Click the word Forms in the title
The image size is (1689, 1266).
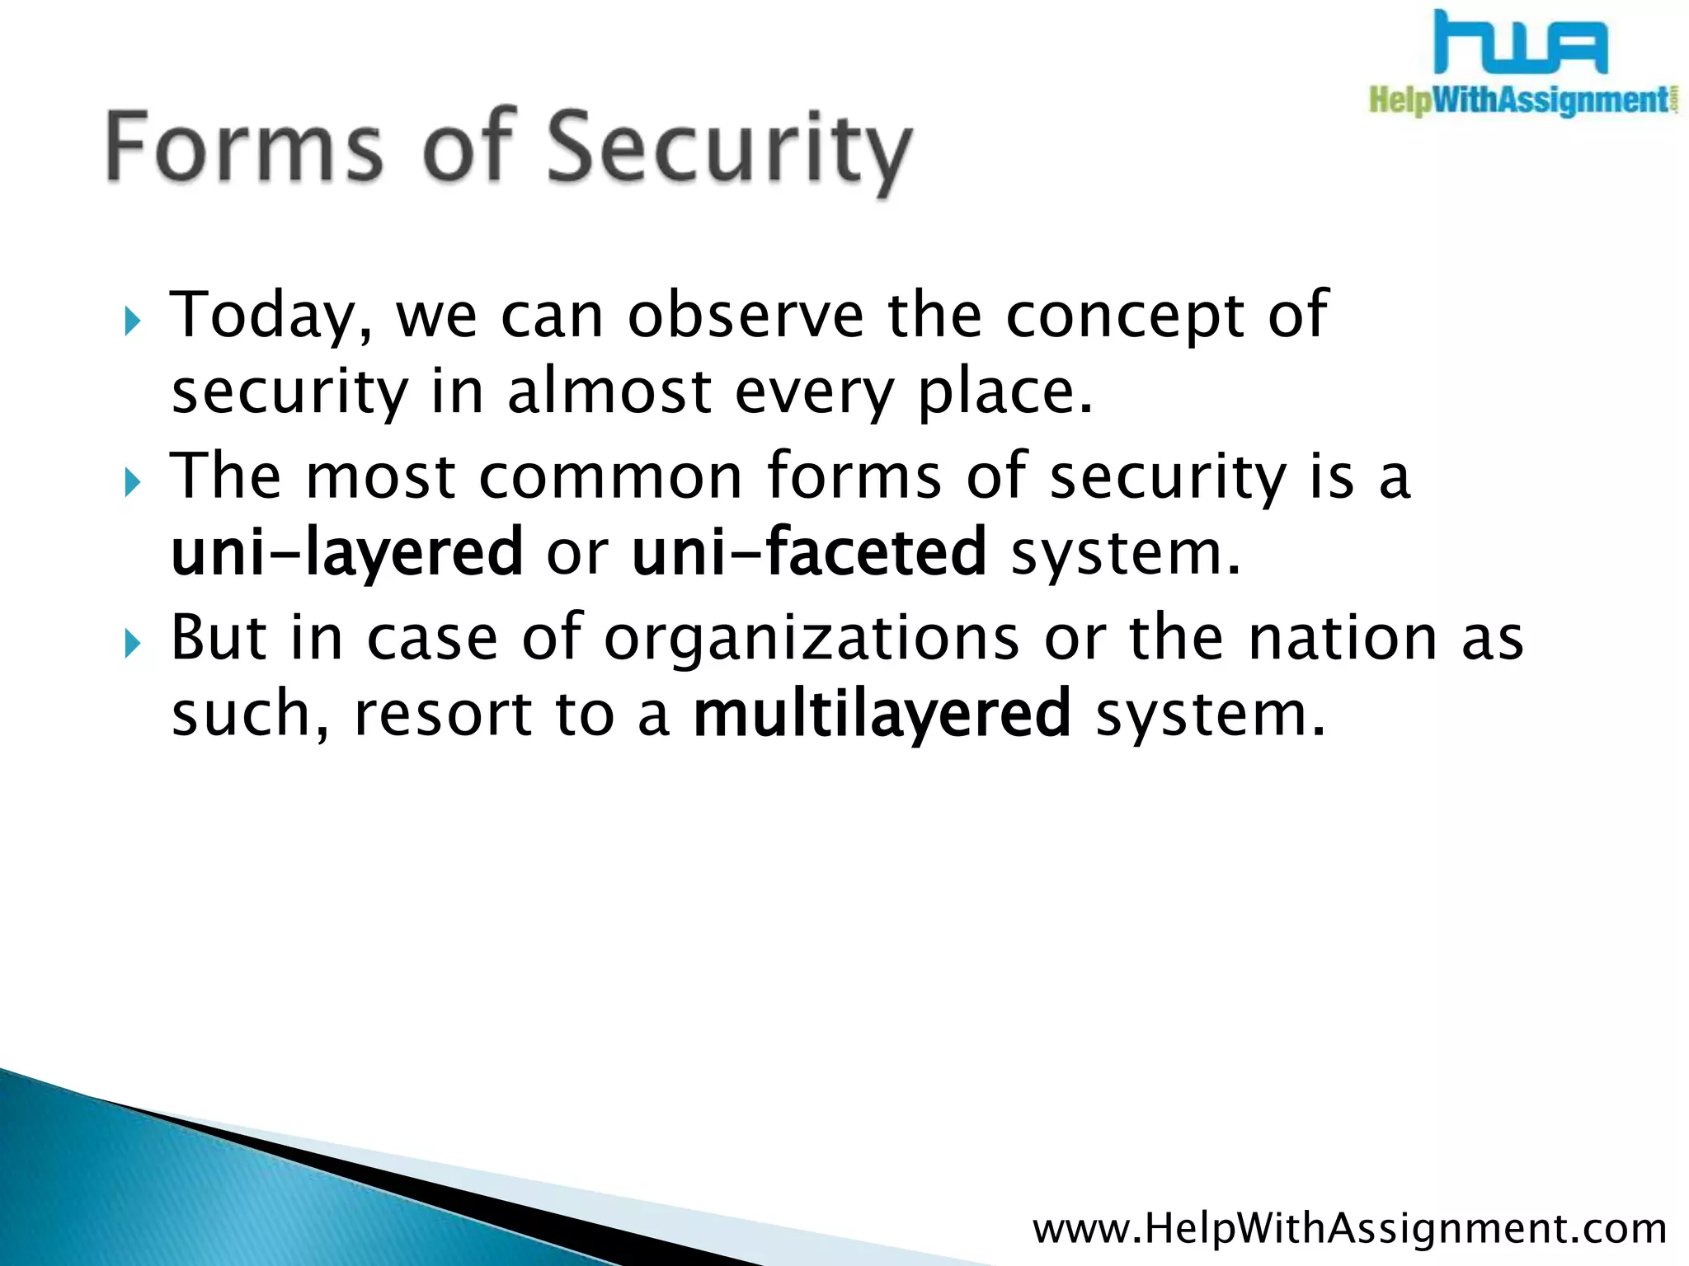point(243,147)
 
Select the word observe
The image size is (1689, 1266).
point(746,316)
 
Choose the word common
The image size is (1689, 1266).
point(611,477)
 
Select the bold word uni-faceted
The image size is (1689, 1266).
point(808,551)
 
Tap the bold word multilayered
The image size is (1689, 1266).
point(882,715)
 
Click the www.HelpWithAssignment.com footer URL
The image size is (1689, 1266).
point(1349,1228)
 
